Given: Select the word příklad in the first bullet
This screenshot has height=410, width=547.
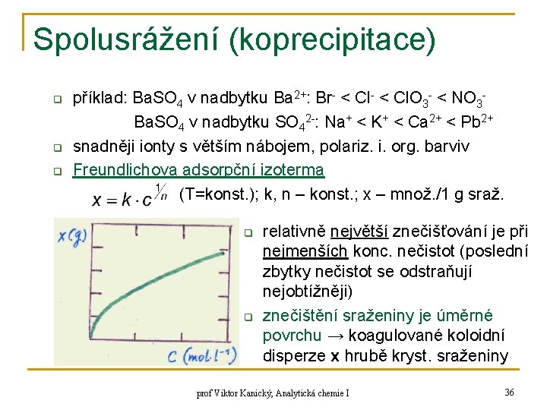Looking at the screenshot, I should pos(100,98).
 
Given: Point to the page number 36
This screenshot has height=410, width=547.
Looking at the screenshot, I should pos(509,393).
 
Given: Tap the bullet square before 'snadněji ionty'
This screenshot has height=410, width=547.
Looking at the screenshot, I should pos(55,146).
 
